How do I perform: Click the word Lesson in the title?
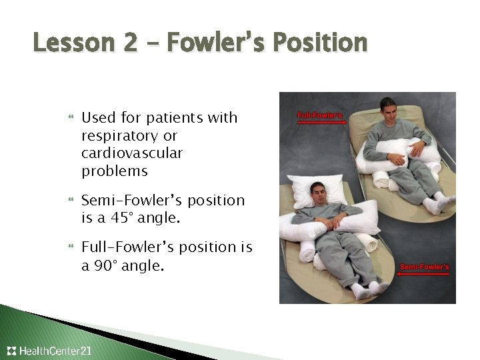74,42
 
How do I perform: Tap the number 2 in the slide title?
131,42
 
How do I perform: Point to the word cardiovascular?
132,153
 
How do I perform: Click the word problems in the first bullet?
115,171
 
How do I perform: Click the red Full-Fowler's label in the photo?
319,115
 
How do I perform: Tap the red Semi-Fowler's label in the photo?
424,267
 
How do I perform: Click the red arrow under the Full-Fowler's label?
322,123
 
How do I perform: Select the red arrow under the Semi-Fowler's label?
423,274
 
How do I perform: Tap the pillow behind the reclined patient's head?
317,191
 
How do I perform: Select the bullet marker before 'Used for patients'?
71,117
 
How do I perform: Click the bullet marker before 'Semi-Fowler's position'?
71,199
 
